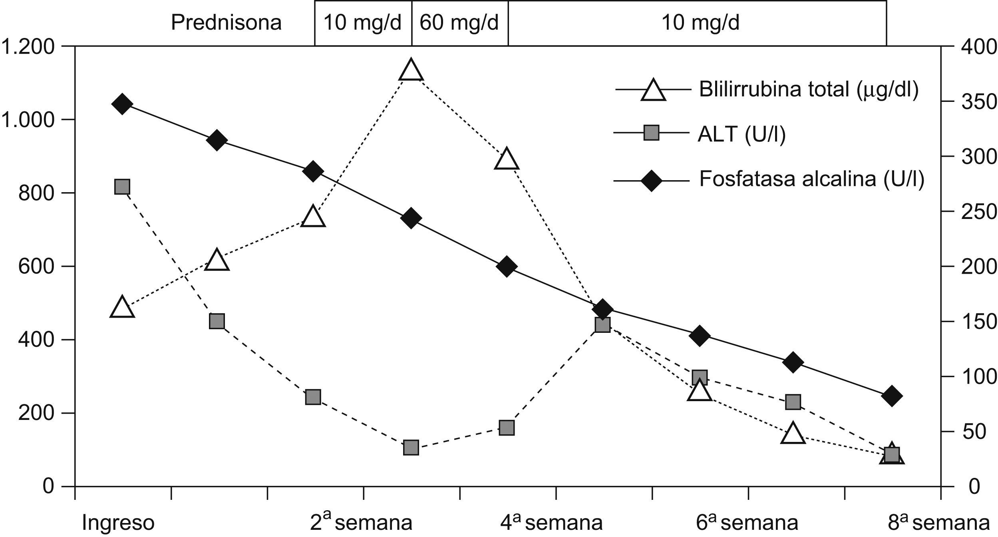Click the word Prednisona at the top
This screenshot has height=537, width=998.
click(x=226, y=23)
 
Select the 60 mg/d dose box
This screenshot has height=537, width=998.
click(x=459, y=23)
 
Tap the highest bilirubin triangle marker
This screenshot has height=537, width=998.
click(x=411, y=70)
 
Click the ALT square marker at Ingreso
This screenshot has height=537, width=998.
click(x=122, y=187)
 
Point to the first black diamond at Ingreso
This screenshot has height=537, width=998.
click(x=122, y=104)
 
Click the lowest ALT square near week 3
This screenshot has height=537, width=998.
click(x=411, y=448)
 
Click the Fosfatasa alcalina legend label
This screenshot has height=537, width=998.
click(x=811, y=179)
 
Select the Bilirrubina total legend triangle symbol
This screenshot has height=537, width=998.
click(x=653, y=90)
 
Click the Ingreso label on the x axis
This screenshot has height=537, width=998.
click(x=118, y=523)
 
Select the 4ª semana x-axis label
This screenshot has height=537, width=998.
click(x=551, y=523)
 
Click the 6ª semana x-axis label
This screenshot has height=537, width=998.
click(x=741, y=523)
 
